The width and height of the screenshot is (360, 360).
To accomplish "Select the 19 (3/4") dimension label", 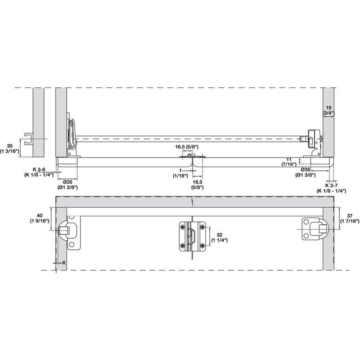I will coord(329,110).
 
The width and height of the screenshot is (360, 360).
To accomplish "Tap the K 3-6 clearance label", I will coord(43,172).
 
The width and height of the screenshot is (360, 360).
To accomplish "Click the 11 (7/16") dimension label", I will coord(289,162).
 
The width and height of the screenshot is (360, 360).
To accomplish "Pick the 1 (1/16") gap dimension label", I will coord(180,173).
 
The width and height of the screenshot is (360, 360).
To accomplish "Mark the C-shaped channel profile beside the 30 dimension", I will coord(28,138).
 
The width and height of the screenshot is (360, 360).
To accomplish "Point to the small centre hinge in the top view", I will coord(192,157).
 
